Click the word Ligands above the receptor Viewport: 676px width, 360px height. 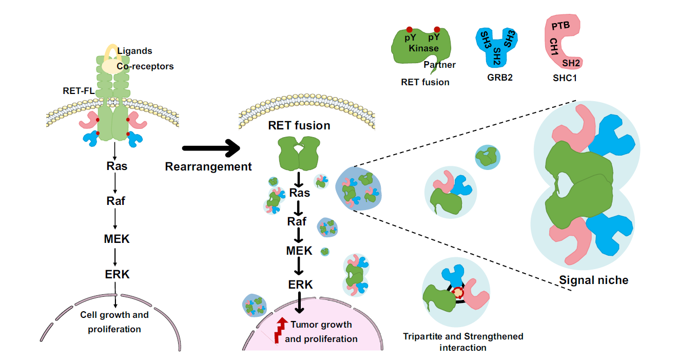tap(134, 51)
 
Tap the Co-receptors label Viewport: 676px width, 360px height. tap(145, 66)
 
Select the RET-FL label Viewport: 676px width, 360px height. tap(79, 90)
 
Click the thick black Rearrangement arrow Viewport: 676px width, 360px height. tap(211, 148)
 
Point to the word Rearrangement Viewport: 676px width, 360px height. tap(208, 166)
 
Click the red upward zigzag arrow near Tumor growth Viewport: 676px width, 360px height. tap(281, 330)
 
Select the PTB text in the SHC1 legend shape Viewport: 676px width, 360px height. tap(561, 26)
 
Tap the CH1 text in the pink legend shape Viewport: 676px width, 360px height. tap(554, 47)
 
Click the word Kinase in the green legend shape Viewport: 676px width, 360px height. tap(423, 48)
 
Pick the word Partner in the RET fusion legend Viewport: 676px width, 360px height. tap(440, 65)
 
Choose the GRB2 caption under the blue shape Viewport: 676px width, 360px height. tap(500, 78)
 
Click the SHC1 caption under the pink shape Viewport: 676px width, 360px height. tap(565, 78)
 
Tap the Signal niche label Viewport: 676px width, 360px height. tap(593, 280)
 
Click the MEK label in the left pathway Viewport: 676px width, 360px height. tap(117, 239)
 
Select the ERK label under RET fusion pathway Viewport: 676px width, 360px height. tap(300, 285)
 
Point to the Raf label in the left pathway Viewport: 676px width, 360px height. tap(115, 201)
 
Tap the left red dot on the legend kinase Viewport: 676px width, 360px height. tap(409, 30)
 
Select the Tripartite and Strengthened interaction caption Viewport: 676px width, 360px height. tap(463, 342)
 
